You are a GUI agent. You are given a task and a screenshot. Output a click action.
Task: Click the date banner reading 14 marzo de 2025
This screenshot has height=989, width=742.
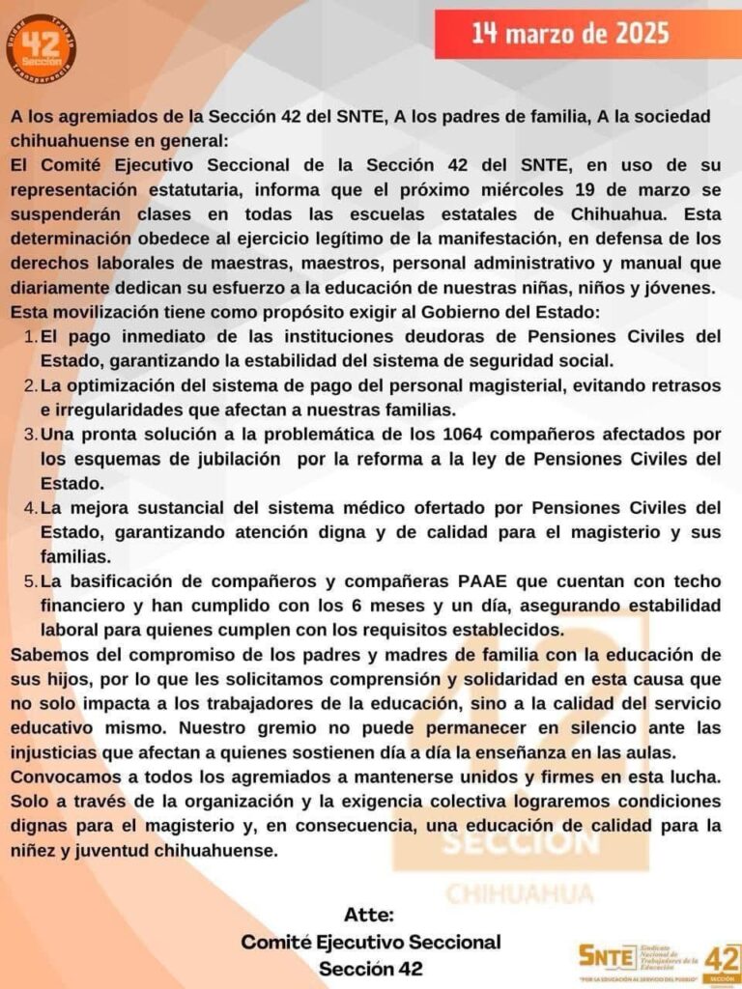click(570, 34)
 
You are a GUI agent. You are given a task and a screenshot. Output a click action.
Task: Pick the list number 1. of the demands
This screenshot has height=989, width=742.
click(30, 336)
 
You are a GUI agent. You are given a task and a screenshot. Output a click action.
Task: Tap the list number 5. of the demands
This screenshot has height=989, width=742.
click(30, 580)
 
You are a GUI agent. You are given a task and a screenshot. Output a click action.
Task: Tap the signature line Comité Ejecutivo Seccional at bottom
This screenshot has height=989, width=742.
click(371, 942)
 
